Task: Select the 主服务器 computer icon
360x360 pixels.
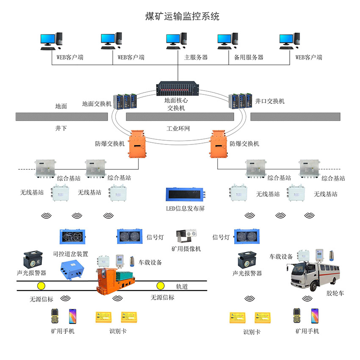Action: [177, 41]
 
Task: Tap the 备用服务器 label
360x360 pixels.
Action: [249, 57]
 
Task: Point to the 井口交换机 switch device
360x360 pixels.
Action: [239, 101]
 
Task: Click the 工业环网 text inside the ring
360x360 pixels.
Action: [178, 128]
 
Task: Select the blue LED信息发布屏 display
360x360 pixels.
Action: [185, 195]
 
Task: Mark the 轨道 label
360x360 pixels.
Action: [182, 287]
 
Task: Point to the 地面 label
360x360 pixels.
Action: [61, 106]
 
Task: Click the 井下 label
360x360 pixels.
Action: [61, 127]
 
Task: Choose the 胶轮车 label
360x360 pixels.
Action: [333, 293]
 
